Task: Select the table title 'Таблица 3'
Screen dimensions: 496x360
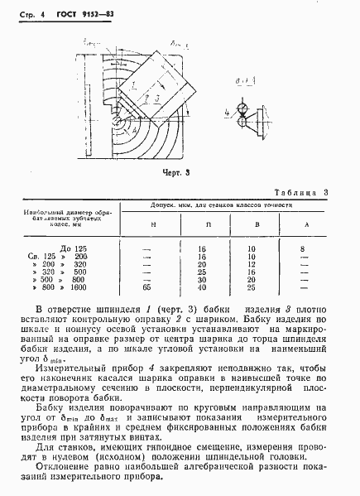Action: tap(303, 193)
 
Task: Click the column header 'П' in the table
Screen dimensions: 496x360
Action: tap(202, 225)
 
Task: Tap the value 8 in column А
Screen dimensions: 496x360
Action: tap(303, 248)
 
